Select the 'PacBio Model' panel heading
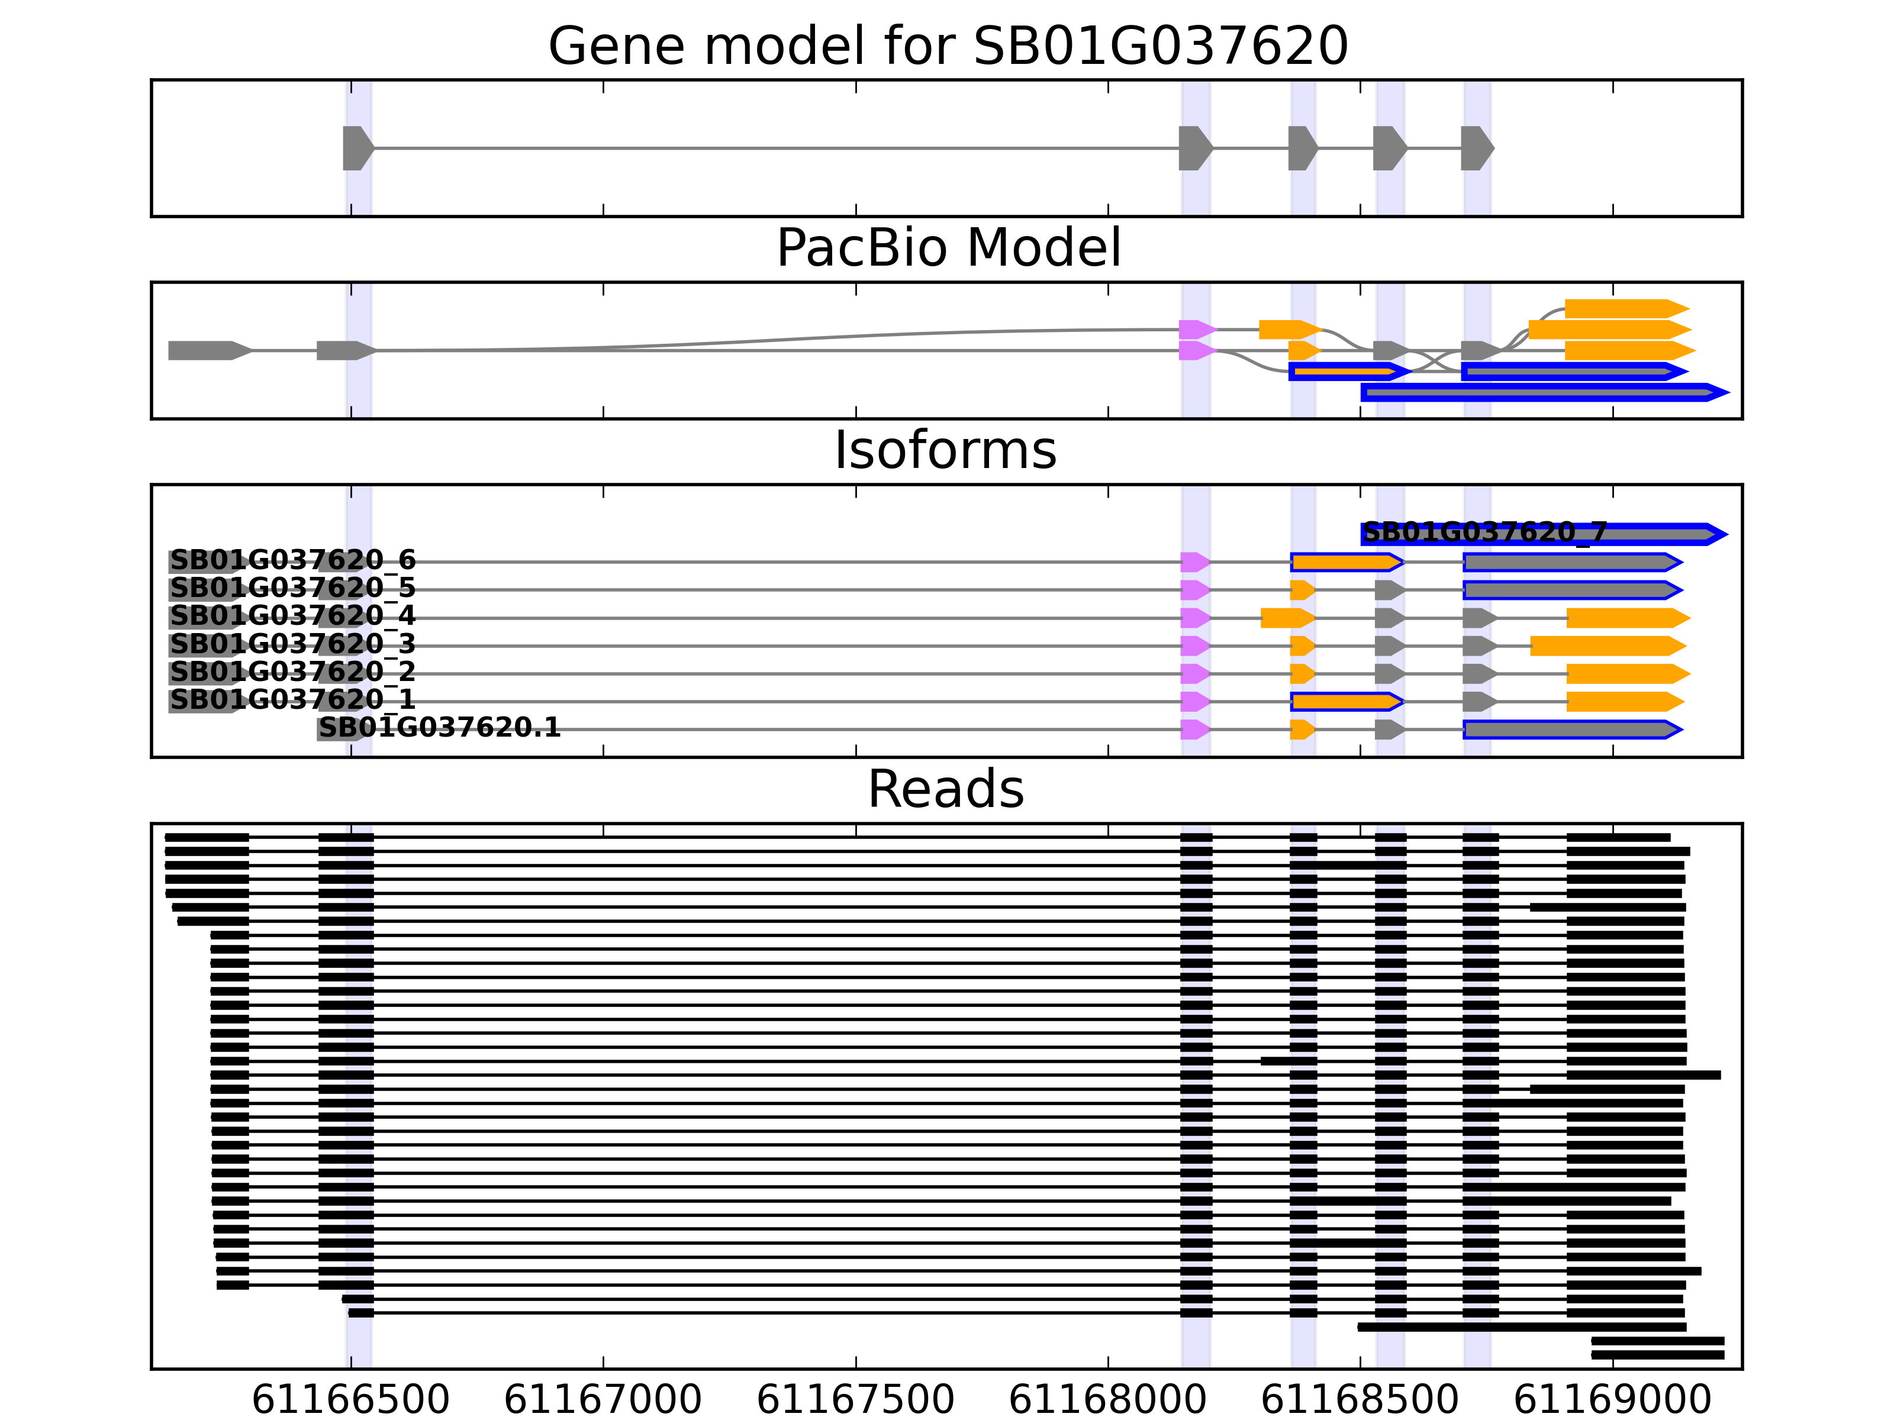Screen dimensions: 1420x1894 (x=948, y=248)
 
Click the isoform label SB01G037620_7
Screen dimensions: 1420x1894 (x=1484, y=532)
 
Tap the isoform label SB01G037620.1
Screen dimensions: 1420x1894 (x=439, y=728)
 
